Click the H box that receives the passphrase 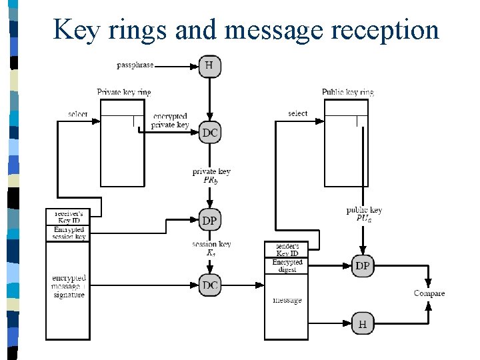click(x=209, y=65)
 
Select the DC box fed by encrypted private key click(x=209, y=133)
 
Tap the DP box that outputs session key click(x=209, y=220)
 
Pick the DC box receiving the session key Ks click(x=209, y=285)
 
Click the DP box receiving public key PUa click(x=363, y=265)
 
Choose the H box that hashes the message click(x=363, y=324)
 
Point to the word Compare click(x=429, y=293)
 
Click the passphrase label click(x=135, y=65)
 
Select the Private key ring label click(x=123, y=92)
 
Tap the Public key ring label click(x=347, y=92)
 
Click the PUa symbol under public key click(x=364, y=218)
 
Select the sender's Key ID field click(x=287, y=249)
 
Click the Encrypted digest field click(x=287, y=265)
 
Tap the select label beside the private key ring click(x=78, y=114)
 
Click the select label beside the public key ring click(x=298, y=113)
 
